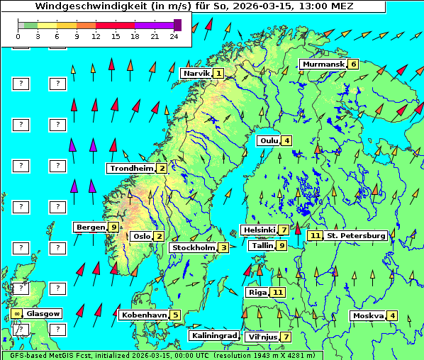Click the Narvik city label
click(196, 74)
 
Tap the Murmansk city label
click(323, 64)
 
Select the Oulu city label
click(269, 140)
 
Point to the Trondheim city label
click(131, 169)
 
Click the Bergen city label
click(91, 227)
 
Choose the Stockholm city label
click(194, 247)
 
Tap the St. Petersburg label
click(356, 235)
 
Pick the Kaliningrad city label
click(213, 336)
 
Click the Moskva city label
click(368, 316)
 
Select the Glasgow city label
click(43, 313)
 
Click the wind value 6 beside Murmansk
click(353, 64)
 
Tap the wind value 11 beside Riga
click(277, 292)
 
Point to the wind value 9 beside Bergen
click(113, 227)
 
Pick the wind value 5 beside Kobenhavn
click(175, 315)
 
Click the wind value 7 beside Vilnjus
click(286, 337)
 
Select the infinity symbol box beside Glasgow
click(16, 313)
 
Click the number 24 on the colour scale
click(174, 35)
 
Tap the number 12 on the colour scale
click(96, 35)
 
